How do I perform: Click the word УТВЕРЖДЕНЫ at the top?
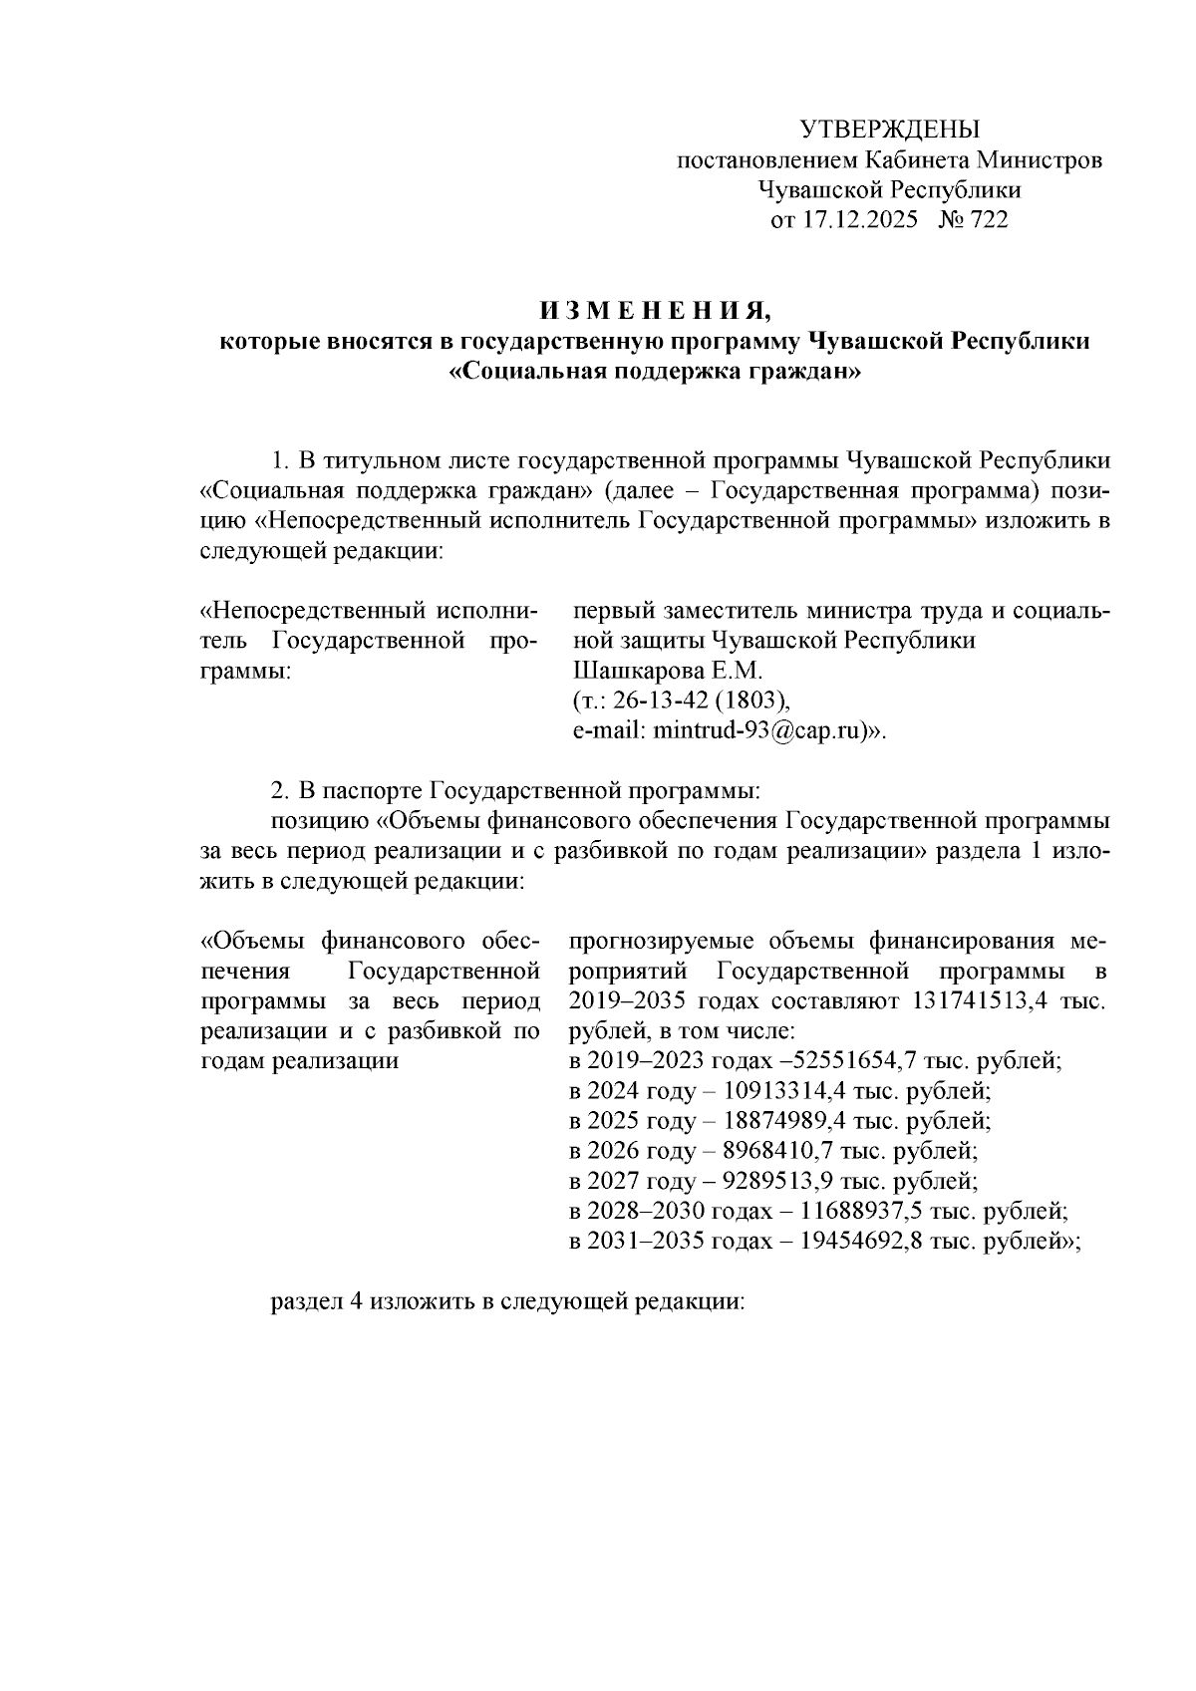click(891, 130)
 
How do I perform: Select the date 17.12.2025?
click(859, 220)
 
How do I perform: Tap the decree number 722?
click(988, 220)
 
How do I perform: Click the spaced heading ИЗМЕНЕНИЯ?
click(655, 311)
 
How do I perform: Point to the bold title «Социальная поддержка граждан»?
click(655, 373)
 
